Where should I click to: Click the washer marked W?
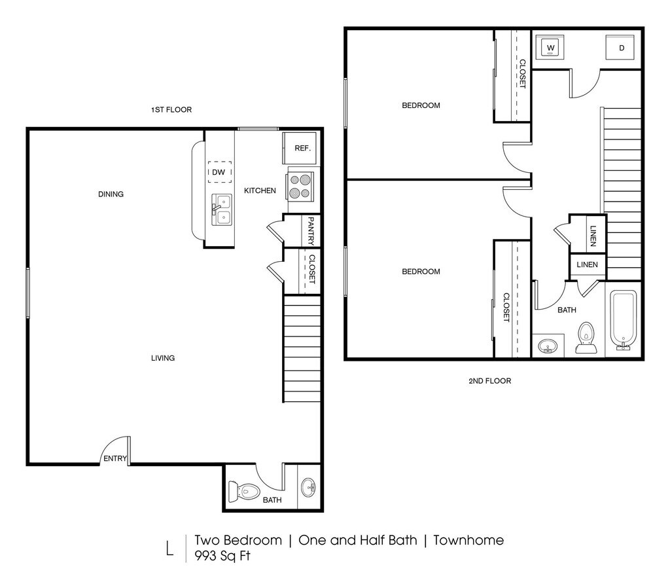(550, 47)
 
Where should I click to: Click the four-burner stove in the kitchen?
(300, 187)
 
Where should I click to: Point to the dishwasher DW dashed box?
(220, 172)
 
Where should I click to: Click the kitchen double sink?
(222, 209)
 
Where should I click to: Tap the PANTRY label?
(311, 231)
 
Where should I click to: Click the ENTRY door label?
(115, 458)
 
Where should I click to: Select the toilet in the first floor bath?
(244, 491)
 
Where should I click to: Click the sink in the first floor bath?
(309, 487)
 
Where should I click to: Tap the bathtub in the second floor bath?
(624, 319)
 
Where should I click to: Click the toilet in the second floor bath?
(586, 338)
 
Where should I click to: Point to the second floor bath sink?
(548, 346)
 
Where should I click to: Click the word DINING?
(111, 194)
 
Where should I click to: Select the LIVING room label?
(163, 357)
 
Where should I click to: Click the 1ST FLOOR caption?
(171, 110)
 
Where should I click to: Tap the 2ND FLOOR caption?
(489, 381)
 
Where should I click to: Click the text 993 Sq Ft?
(222, 556)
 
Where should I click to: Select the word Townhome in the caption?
(468, 540)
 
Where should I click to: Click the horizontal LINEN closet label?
(587, 264)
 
